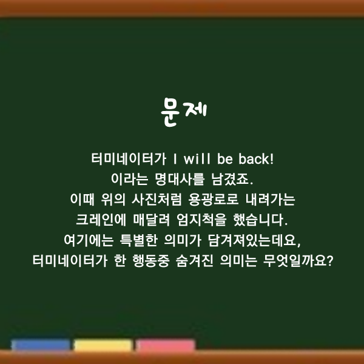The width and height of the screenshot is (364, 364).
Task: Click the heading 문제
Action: [183, 112]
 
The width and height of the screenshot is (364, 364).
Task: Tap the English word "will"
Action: [197, 159]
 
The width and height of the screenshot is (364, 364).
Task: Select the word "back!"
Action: [256, 159]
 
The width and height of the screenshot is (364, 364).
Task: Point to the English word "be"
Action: [224, 159]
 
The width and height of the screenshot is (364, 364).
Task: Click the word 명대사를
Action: [180, 179]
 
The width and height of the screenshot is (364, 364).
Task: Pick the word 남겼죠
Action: [232, 179]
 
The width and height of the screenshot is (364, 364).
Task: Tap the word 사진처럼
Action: [157, 200]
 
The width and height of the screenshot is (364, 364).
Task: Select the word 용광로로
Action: [214, 200]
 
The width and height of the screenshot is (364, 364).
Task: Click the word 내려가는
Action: [270, 200]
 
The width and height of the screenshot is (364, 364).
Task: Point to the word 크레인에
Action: [101, 220]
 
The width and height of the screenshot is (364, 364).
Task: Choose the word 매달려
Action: [152, 220]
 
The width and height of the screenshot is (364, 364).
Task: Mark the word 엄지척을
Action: [201, 220]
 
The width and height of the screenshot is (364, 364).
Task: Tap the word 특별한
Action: [138, 240]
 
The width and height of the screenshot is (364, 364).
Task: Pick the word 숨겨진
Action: [195, 261]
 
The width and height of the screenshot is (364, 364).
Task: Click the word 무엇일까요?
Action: [298, 261]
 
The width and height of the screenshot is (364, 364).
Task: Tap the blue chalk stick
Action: [41, 345]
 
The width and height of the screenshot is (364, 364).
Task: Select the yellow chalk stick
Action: [103, 345]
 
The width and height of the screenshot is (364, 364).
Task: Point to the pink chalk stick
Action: [166, 345]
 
